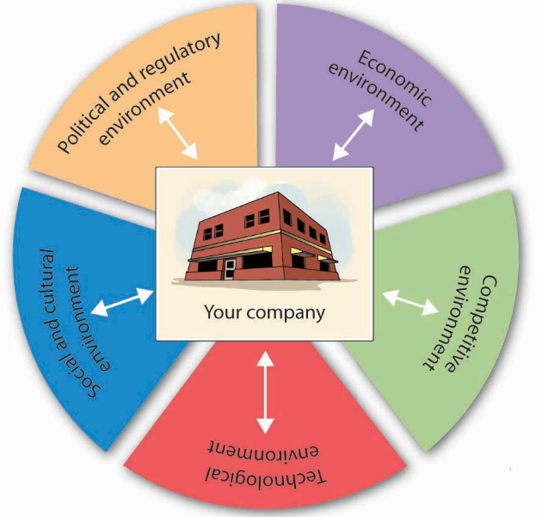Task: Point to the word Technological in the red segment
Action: tap(268, 477)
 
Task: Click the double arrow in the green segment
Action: tap(409, 302)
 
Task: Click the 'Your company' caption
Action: tap(264, 311)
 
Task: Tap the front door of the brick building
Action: tap(230, 268)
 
